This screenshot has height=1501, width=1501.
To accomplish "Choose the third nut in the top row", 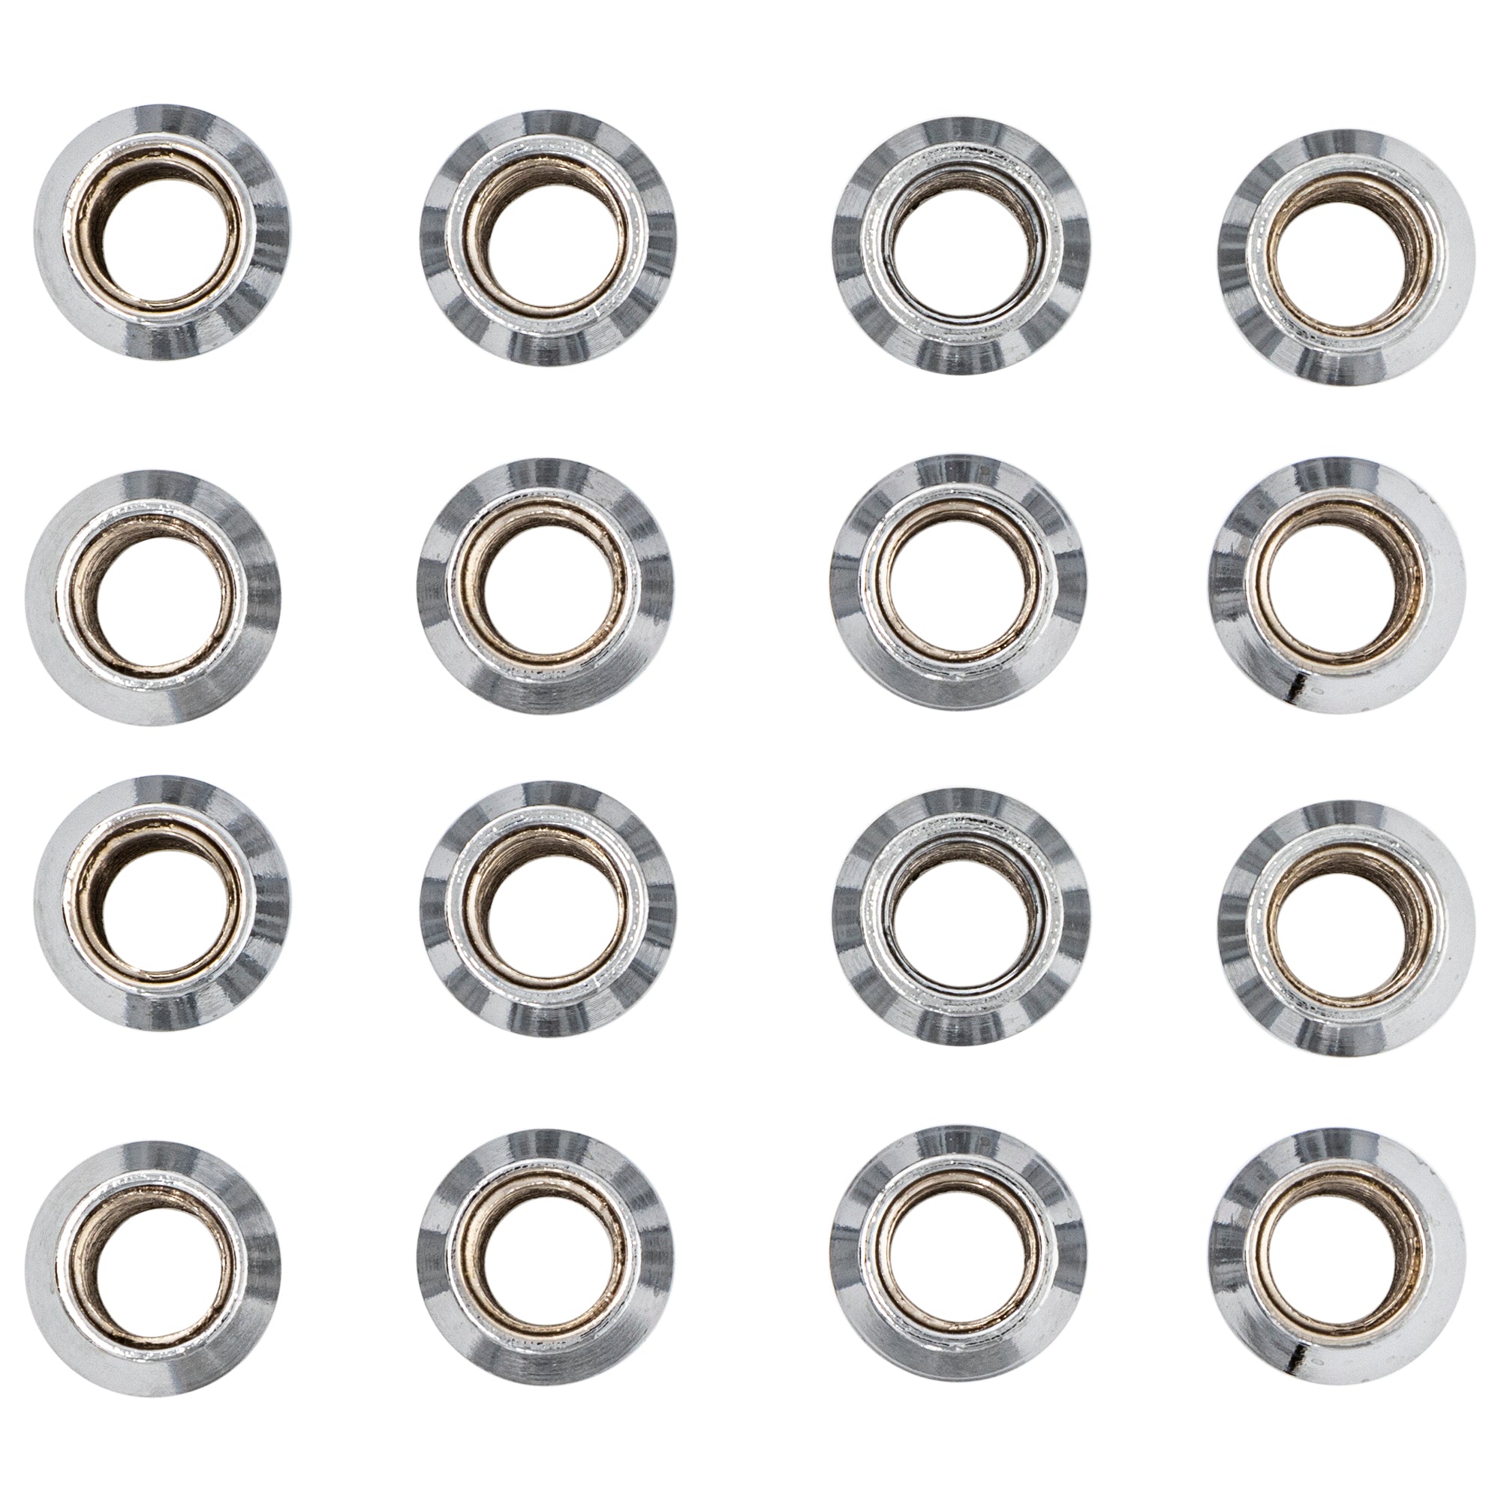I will point(961,245).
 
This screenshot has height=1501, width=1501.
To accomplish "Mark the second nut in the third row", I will point(547,907).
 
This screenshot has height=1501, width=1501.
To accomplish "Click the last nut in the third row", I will point(1346,917).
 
